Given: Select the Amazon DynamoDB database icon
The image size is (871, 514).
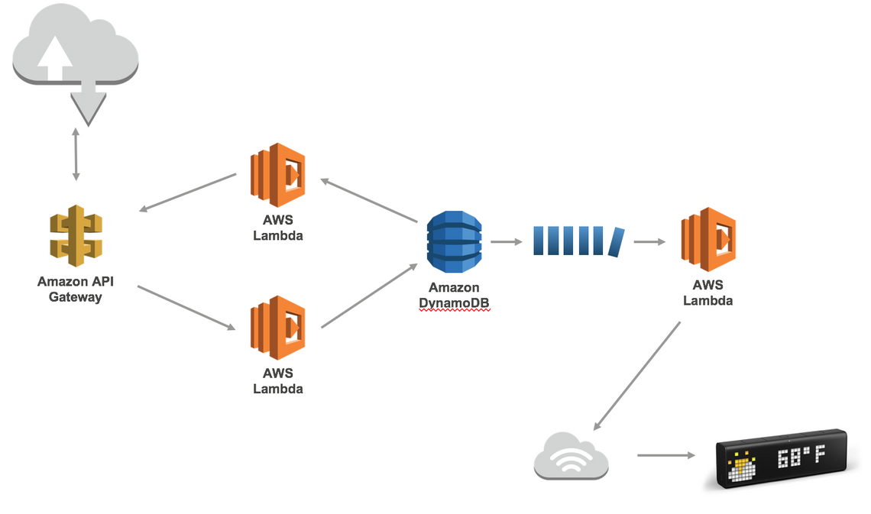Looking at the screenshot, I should tap(455, 241).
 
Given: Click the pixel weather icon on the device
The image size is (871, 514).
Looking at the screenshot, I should tap(740, 467).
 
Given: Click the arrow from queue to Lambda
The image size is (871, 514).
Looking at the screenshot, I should tap(649, 242).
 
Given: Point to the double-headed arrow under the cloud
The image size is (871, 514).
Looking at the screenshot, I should tap(76, 155).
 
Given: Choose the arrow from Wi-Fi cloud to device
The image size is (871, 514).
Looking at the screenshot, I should tap(665, 456).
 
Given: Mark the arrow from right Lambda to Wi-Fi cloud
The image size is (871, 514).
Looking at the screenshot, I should tap(637, 375).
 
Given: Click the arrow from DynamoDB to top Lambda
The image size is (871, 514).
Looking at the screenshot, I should tap(369, 201).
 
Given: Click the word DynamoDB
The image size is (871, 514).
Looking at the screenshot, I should tap(454, 302).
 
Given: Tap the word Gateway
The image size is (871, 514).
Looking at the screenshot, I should tap(75, 297).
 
